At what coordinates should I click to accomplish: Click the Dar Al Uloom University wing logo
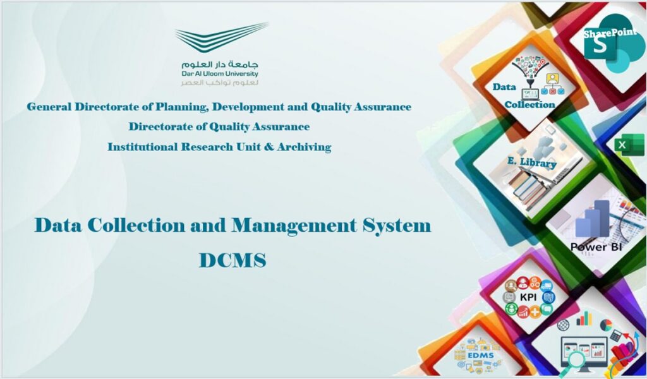221,37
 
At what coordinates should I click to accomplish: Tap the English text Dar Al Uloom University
219,74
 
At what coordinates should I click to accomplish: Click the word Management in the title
294,226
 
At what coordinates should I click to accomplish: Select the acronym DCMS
233,261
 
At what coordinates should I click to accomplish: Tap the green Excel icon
629,145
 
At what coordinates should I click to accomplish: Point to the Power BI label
596,247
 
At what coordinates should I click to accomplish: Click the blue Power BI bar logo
593,219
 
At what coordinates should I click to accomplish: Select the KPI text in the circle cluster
528,297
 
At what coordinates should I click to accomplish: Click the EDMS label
481,356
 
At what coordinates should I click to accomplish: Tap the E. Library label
532,162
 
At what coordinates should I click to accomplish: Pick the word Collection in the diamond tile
530,105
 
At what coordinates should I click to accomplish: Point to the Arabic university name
219,64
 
